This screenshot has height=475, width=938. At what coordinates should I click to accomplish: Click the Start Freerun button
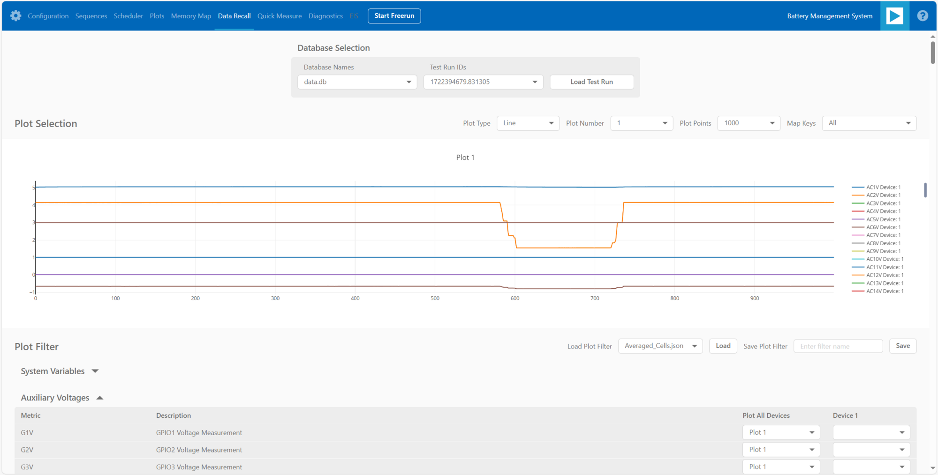click(394, 16)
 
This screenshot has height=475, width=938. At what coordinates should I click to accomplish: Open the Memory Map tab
click(191, 16)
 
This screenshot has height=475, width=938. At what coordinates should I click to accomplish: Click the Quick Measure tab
click(280, 16)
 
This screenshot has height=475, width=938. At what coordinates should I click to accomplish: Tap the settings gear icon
click(15, 16)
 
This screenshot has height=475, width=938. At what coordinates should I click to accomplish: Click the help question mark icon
click(922, 16)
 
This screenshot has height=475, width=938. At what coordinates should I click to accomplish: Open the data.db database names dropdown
click(357, 82)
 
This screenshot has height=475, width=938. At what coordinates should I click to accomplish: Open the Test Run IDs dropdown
click(483, 82)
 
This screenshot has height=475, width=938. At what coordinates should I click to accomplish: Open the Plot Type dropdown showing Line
click(528, 123)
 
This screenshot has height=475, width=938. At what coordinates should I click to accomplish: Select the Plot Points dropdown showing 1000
click(749, 123)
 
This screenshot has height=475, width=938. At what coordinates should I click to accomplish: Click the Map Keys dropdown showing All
click(869, 123)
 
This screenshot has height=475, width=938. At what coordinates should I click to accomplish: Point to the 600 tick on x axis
click(515, 299)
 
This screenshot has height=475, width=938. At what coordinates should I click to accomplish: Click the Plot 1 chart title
click(465, 158)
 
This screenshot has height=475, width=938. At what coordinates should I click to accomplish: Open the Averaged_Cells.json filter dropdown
click(660, 346)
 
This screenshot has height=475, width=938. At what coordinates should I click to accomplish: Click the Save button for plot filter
click(902, 346)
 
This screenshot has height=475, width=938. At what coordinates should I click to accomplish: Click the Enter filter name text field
click(838, 347)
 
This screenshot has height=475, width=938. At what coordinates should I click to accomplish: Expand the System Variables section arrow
click(95, 371)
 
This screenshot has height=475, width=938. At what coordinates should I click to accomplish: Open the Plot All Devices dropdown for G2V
click(781, 450)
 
